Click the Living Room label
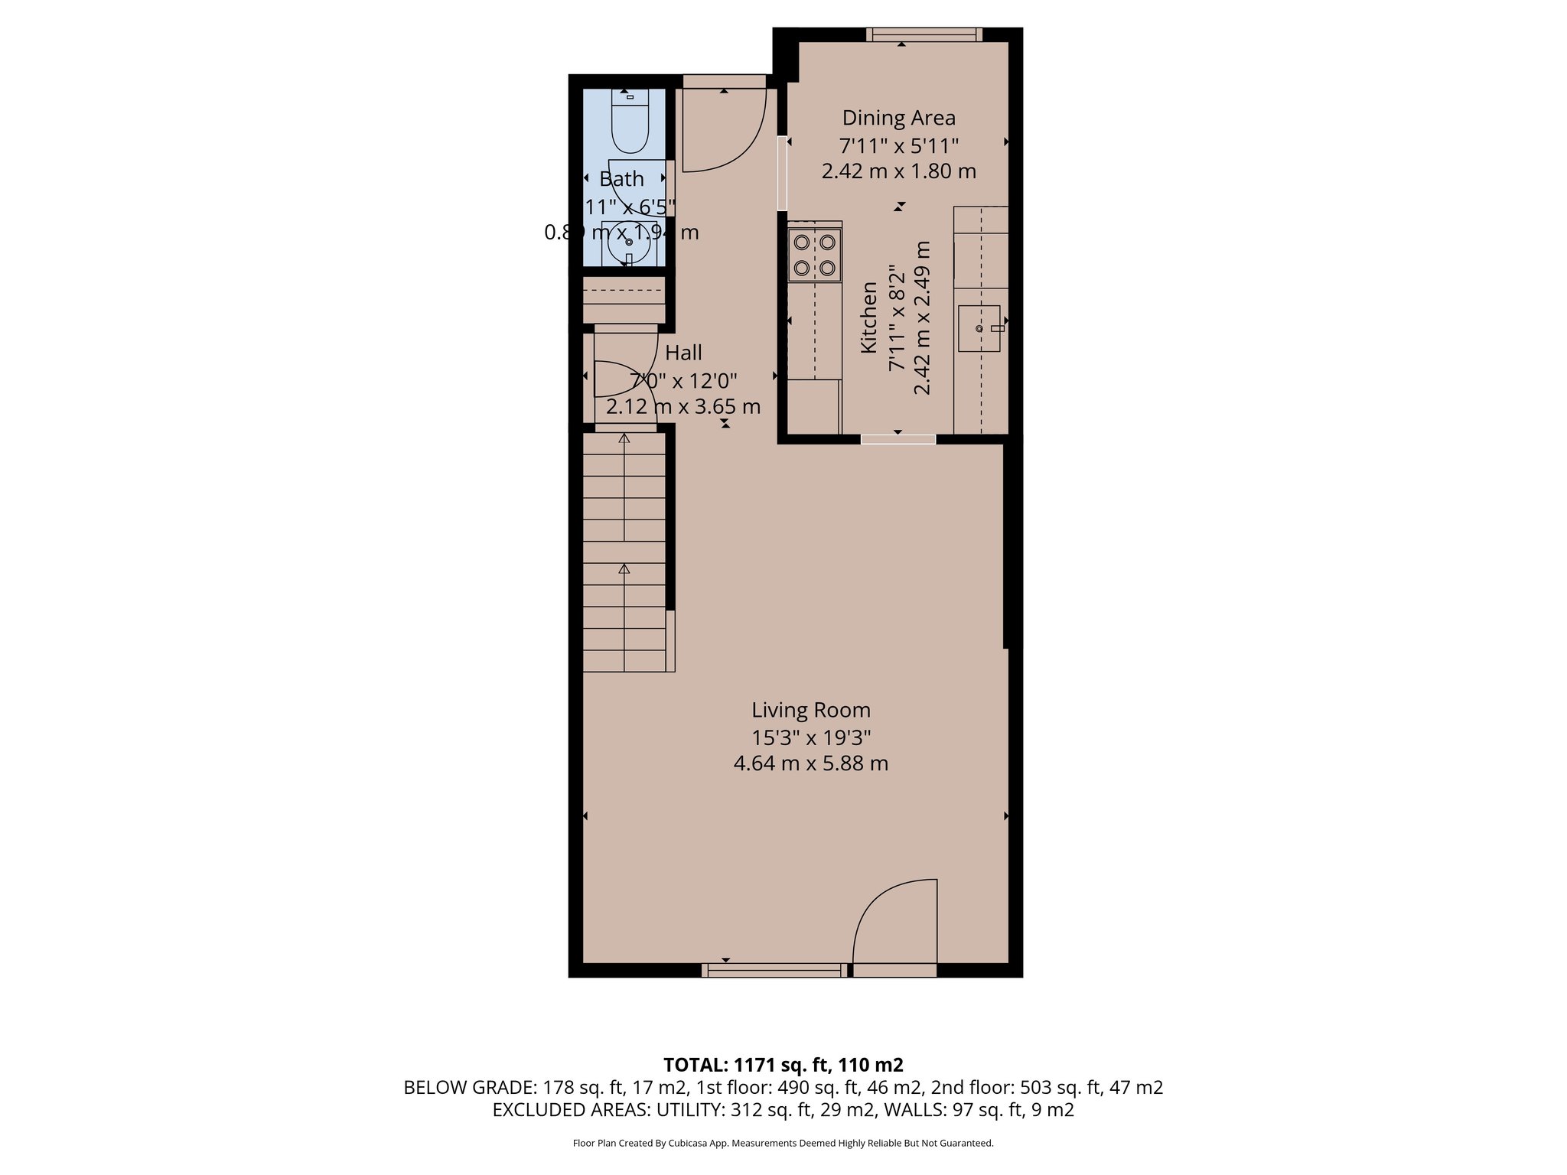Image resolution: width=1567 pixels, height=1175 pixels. tap(810, 710)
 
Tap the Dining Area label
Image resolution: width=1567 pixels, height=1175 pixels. tap(898, 118)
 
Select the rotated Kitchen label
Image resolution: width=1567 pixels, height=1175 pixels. tap(869, 317)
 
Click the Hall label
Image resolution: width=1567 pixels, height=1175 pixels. tap(683, 353)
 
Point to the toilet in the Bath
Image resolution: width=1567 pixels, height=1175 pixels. tap(630, 123)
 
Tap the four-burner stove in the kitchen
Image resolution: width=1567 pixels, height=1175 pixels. tap(814, 255)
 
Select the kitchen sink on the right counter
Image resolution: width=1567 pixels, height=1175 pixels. tap(979, 328)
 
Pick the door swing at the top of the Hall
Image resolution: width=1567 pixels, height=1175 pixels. tap(724, 130)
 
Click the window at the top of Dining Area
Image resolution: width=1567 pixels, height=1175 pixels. tap(924, 34)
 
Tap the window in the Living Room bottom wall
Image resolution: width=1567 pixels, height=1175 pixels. tap(774, 970)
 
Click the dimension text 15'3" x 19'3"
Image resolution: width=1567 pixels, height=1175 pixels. tap(810, 737)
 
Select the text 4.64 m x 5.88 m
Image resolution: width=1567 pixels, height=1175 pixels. tap(810, 763)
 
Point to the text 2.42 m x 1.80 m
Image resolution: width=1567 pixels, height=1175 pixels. tap(898, 171)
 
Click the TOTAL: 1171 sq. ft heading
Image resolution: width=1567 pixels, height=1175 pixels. tap(783, 1065)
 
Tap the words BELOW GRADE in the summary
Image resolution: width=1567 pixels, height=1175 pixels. tap(469, 1087)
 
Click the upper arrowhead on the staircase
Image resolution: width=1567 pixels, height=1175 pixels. tap(624, 439)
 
